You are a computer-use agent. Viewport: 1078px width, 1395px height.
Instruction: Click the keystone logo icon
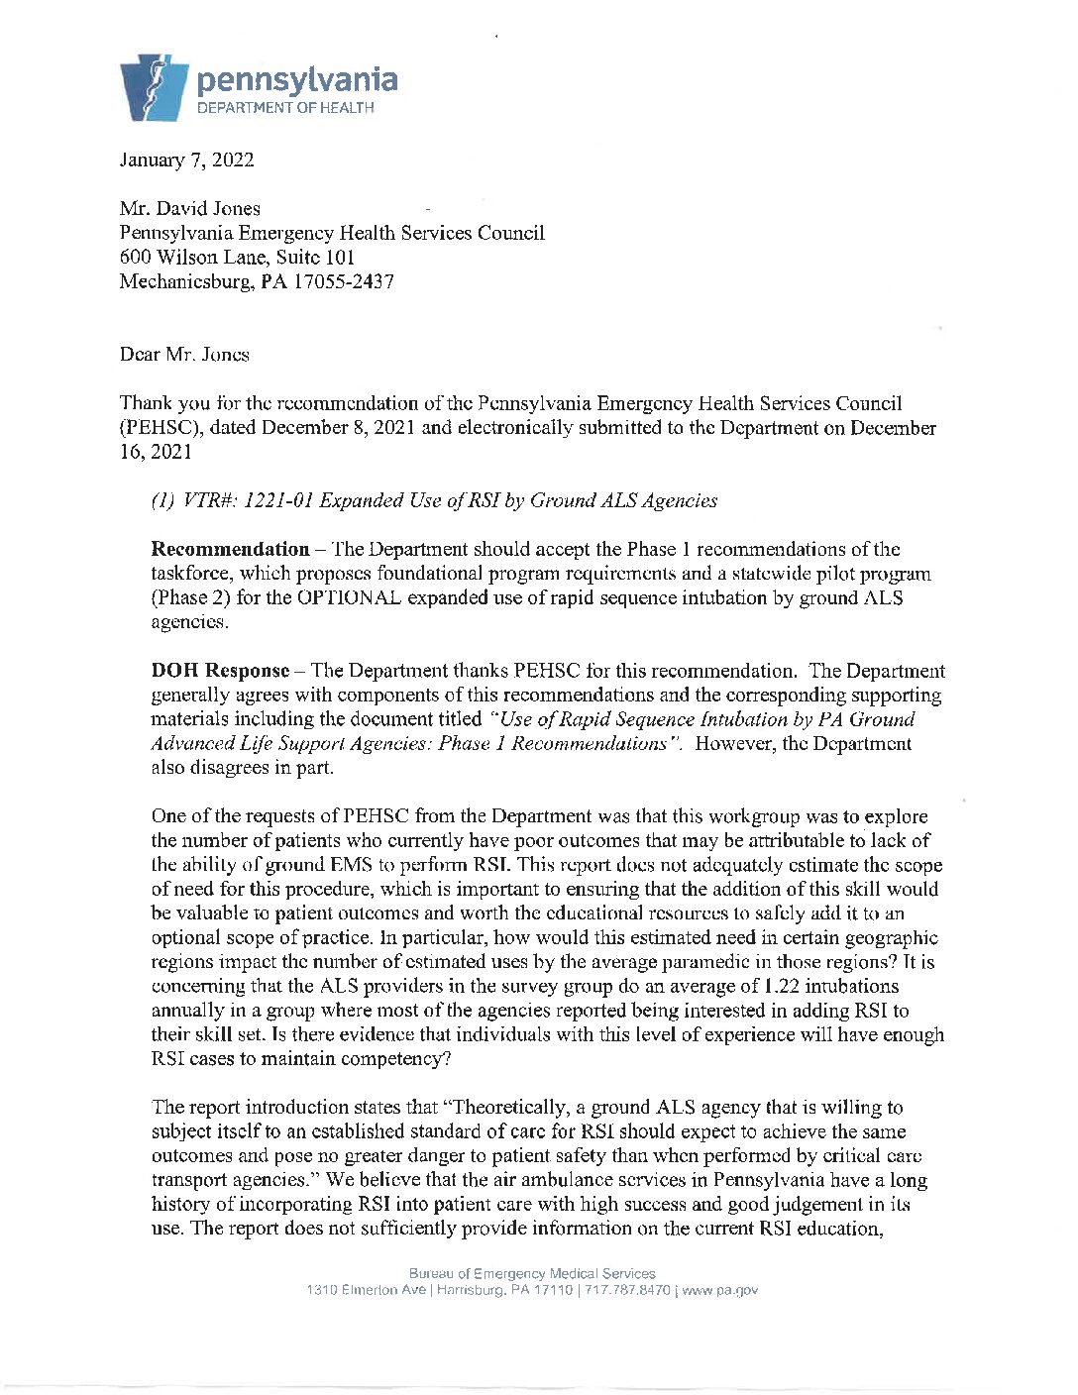[x=154, y=88]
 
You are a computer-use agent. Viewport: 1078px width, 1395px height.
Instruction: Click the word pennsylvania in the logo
[x=297, y=80]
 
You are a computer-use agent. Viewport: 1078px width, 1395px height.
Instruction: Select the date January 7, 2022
[x=186, y=161]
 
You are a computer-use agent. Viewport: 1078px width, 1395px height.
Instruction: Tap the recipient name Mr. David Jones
[x=190, y=209]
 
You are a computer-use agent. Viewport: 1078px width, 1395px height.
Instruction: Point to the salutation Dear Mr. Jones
[x=184, y=355]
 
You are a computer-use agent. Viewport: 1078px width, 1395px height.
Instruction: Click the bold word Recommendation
[x=230, y=549]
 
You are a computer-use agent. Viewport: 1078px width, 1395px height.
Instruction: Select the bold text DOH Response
[x=220, y=671]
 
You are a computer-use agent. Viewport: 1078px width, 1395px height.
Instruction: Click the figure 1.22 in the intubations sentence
[x=783, y=986]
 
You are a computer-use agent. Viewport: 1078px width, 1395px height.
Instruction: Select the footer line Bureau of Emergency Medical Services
[x=532, y=1273]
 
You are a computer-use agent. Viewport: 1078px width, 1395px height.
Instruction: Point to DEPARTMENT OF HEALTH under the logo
[x=285, y=108]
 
